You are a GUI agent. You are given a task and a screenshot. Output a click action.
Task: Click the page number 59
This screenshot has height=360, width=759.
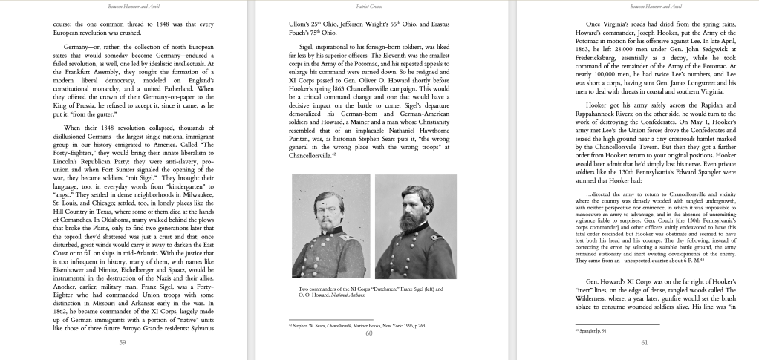(121, 342)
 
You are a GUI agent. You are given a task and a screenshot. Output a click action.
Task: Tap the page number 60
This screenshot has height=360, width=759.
(368, 334)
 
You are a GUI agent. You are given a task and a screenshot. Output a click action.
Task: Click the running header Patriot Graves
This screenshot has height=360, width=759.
(368, 6)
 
